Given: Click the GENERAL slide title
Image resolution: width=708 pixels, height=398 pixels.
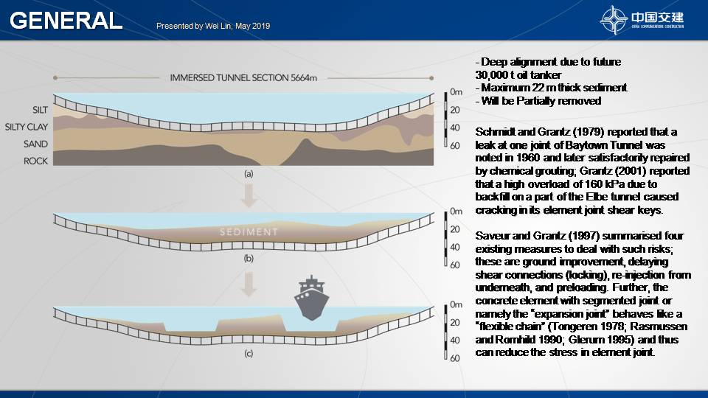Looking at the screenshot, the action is (66, 21).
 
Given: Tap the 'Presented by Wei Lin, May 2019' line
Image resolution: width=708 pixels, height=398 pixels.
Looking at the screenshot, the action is (213, 27).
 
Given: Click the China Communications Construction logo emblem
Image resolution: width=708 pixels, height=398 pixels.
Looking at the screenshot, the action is (613, 20).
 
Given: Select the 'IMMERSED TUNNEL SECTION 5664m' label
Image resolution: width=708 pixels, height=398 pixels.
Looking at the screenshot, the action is (243, 78).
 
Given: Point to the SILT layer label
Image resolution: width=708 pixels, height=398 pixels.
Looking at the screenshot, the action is (40, 110).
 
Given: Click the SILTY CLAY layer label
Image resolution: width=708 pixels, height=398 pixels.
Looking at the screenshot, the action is (27, 128).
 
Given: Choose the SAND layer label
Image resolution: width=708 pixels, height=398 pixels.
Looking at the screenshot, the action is (35, 144).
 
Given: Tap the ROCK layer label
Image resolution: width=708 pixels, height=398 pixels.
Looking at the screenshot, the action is (35, 161).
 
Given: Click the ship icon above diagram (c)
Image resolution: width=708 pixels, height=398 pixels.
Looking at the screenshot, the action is (311, 298).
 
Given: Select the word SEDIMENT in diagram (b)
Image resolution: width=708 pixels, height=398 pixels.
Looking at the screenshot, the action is (249, 232).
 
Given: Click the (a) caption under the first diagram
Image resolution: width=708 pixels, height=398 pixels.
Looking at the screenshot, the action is (249, 174).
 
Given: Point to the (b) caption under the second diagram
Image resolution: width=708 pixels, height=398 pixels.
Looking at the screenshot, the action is (249, 259).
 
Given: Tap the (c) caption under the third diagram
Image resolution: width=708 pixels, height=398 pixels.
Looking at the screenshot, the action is (249, 354).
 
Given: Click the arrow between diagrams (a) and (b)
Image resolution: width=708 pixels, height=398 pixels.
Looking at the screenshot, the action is (249, 195).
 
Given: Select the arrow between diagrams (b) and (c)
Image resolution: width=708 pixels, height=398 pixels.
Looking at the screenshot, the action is (249, 284).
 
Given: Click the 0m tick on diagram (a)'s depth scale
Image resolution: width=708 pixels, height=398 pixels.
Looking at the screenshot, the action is (456, 92).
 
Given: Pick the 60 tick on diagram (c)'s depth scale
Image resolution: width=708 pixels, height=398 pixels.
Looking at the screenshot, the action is (455, 359).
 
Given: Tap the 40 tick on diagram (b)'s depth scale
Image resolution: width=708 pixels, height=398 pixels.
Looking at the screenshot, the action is (455, 248).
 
